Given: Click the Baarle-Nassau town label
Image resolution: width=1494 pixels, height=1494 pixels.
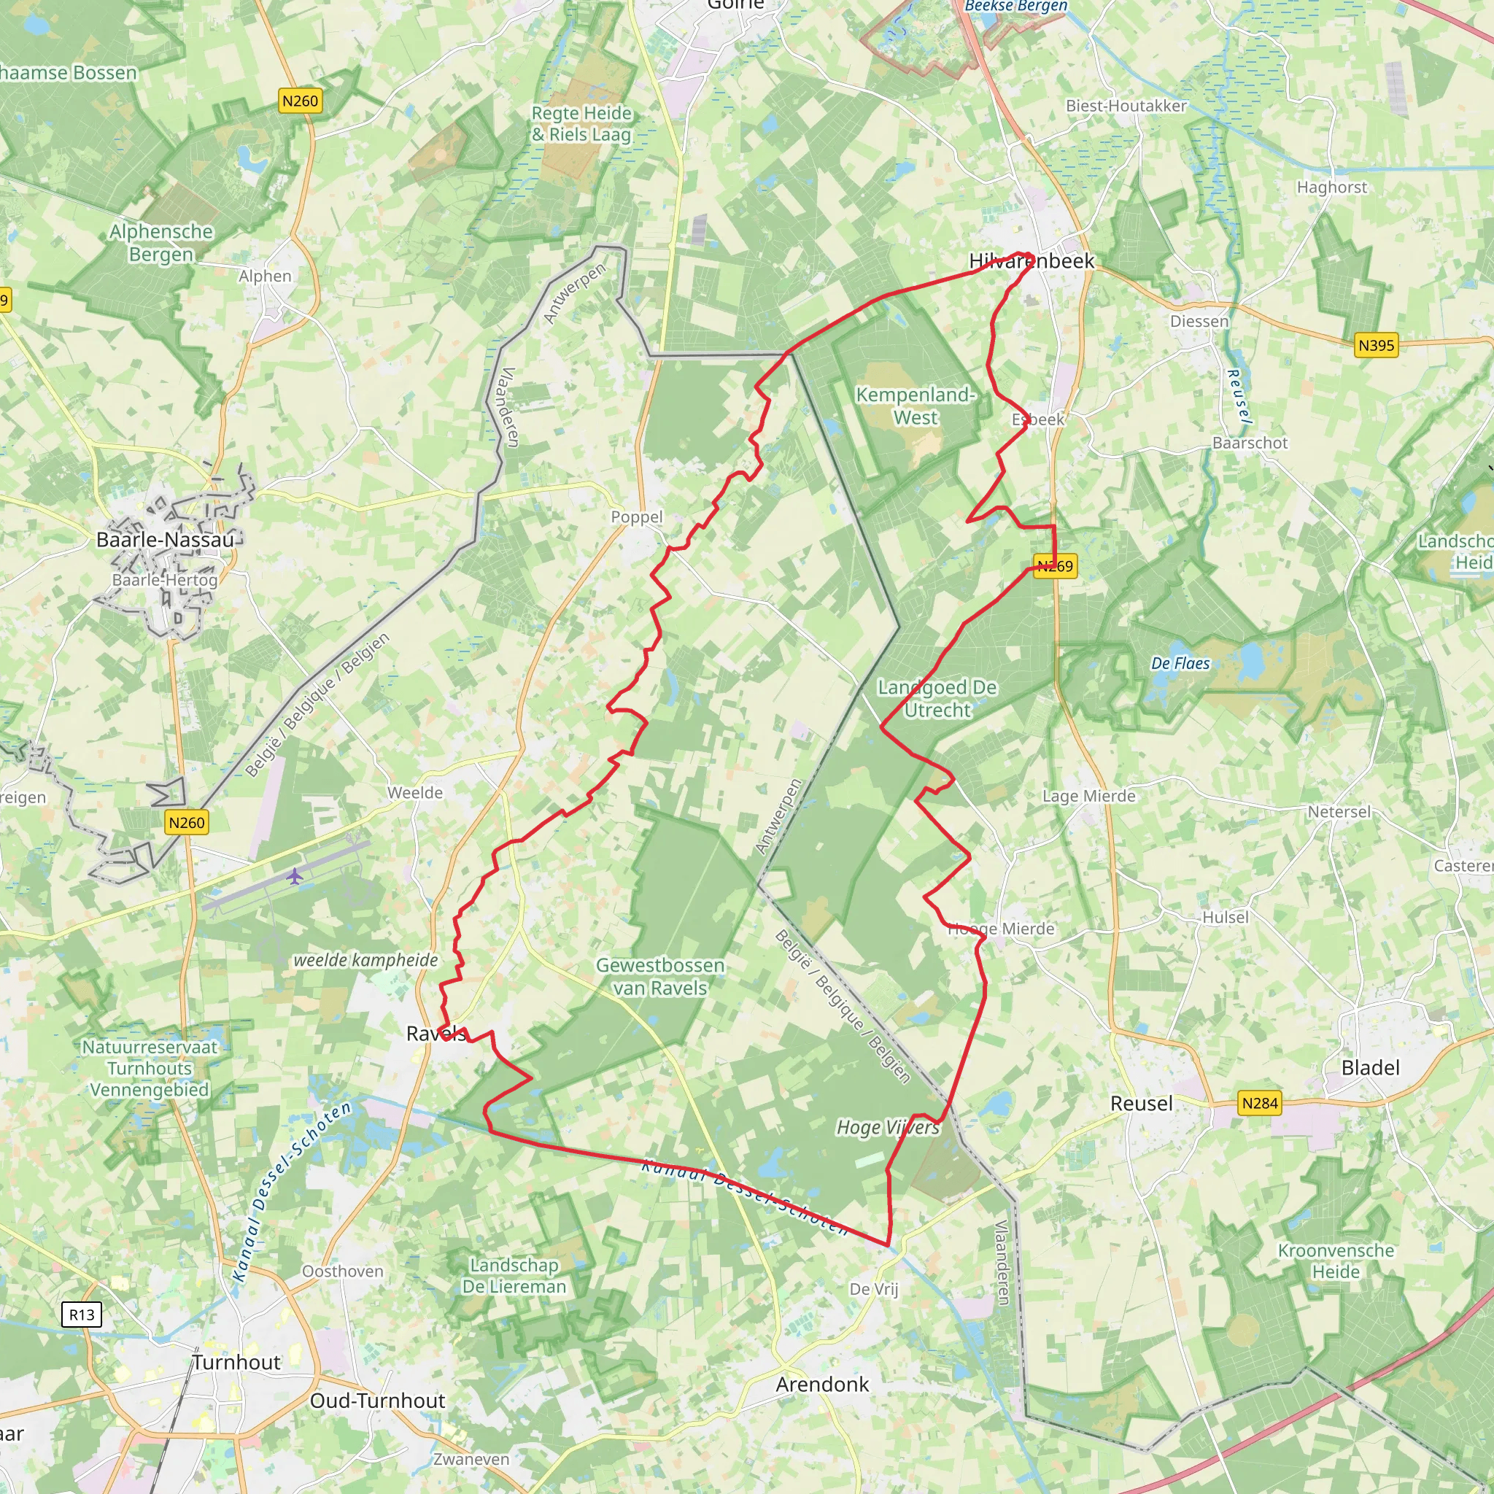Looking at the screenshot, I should click(165, 540).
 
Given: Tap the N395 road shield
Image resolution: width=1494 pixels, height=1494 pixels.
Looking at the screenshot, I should click(1377, 345).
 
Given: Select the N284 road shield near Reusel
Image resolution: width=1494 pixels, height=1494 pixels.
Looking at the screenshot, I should click(1260, 1103).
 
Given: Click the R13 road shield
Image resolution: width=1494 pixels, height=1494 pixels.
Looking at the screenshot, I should click(81, 1314).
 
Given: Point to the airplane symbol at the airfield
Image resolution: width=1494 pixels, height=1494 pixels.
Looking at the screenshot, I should click(295, 876).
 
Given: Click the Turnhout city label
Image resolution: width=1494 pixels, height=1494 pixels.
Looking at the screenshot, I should click(236, 1362).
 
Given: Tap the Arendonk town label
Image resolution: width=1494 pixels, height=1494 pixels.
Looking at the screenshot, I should click(822, 1384).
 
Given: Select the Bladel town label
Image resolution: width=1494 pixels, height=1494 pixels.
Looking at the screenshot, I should click(1370, 1068).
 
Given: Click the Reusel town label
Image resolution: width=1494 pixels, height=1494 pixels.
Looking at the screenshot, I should click(1142, 1104).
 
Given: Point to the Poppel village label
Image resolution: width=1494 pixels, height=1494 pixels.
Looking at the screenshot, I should click(636, 516).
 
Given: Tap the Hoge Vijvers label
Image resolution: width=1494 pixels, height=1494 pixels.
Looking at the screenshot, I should click(888, 1128).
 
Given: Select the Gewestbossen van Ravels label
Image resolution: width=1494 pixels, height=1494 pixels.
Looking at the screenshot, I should click(660, 977).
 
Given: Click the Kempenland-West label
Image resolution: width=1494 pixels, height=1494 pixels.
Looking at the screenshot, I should click(916, 406).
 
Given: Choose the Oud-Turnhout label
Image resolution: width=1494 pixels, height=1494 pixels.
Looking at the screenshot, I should click(377, 1401).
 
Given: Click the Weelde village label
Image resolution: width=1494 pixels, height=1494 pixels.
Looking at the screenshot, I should click(415, 793).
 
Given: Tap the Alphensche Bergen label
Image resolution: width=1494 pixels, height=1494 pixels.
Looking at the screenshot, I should click(160, 243).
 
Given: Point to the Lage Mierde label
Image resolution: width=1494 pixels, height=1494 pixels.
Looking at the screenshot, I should click(1089, 796).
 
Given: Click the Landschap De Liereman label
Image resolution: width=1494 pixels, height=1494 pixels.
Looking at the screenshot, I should click(514, 1276).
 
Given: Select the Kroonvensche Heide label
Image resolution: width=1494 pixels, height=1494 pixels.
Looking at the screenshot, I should click(1336, 1261).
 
